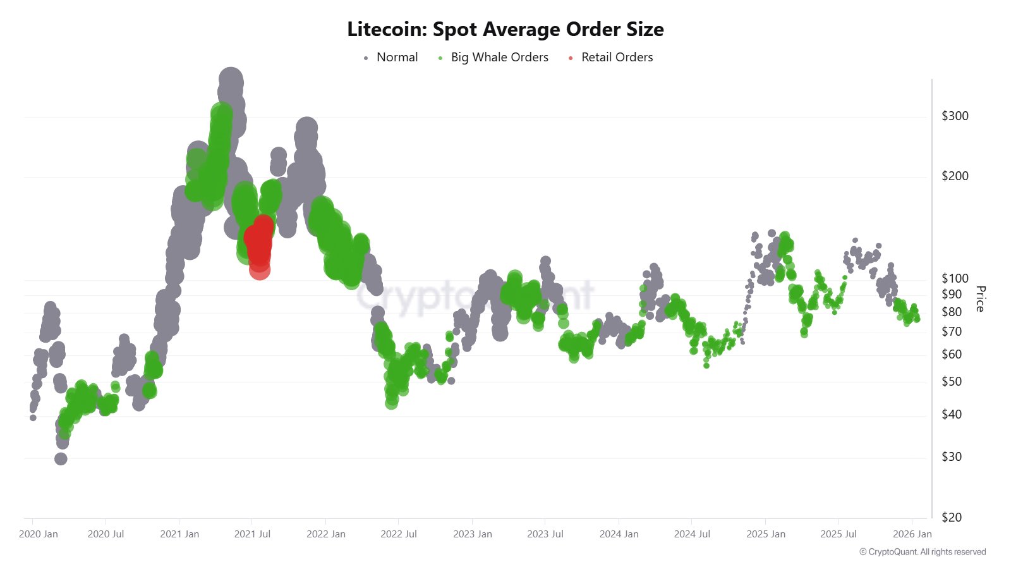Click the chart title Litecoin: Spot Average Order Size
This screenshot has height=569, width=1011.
[505, 29]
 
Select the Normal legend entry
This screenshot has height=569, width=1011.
[397, 58]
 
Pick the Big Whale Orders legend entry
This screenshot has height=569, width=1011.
[499, 58]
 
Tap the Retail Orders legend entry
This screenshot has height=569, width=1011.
[617, 58]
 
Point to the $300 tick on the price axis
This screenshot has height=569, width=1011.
[955, 116]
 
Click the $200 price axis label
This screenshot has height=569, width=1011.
[955, 176]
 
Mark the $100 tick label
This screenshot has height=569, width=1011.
[955, 278]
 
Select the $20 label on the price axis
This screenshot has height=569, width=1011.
[952, 517]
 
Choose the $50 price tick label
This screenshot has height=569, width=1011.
[952, 381]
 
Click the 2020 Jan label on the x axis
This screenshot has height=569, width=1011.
[39, 534]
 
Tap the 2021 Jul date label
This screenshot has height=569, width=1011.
[252, 534]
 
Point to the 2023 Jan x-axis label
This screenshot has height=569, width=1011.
[472, 534]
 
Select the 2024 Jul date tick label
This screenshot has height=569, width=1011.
[692, 534]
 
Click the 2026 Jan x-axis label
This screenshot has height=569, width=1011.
[912, 534]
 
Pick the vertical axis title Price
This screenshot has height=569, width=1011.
[980, 298]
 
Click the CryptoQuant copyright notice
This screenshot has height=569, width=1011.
[923, 552]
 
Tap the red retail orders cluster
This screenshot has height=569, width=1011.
[258, 243]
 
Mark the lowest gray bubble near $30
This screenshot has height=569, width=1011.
[61, 459]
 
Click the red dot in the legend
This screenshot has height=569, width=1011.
[571, 58]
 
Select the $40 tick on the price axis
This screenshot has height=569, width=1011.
[952, 414]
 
